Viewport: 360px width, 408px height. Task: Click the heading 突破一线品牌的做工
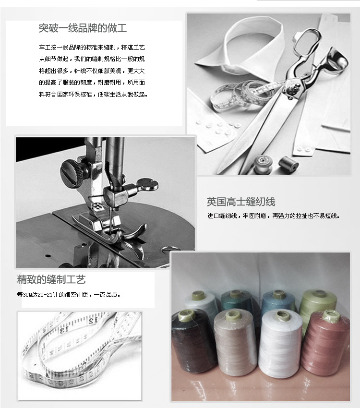pos(83,28)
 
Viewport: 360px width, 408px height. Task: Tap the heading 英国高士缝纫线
pos(241,202)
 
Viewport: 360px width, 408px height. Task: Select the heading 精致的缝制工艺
pos(51,279)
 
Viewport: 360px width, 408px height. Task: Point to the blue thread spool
pos(278,301)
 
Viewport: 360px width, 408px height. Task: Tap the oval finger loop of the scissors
pos(308,42)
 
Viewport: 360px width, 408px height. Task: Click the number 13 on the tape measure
pos(63,331)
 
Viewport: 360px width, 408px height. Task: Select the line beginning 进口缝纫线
pos(274,216)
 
